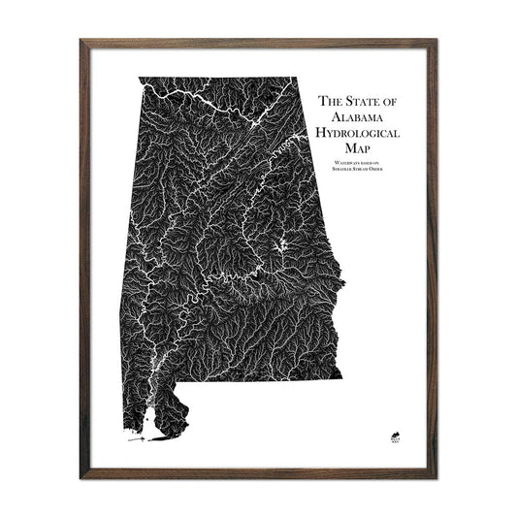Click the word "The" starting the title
[330, 99]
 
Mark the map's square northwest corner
[139, 78]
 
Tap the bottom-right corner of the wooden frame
[438, 476]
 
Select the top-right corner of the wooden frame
[438, 41]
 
